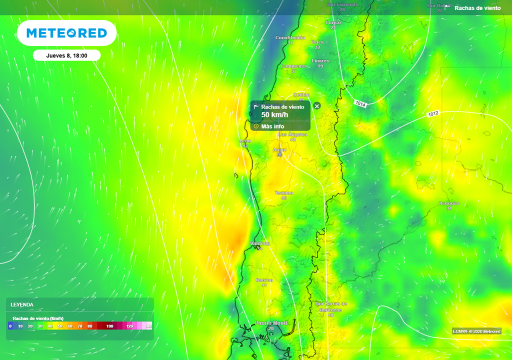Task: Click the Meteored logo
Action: [x=66, y=33]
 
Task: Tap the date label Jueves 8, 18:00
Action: [x=66, y=55]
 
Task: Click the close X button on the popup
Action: [x=316, y=106]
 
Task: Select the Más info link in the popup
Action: [x=272, y=126]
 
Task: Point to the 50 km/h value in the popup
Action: [x=274, y=115]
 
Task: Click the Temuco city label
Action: [x=284, y=193]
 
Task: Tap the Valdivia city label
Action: [x=260, y=243]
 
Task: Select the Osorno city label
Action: [x=264, y=280]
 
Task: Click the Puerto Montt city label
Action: [x=271, y=323]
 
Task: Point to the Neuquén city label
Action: [x=449, y=203]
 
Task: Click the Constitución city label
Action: [x=290, y=38]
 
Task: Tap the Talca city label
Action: [x=317, y=42]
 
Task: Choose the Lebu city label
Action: [x=245, y=141]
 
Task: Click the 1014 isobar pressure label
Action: [x=360, y=103]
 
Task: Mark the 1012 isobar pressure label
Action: [x=433, y=114]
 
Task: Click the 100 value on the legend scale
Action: [x=109, y=326]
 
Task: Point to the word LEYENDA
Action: [x=22, y=304]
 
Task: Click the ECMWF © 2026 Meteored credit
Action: [x=476, y=331]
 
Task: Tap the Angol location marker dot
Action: [x=279, y=154]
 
